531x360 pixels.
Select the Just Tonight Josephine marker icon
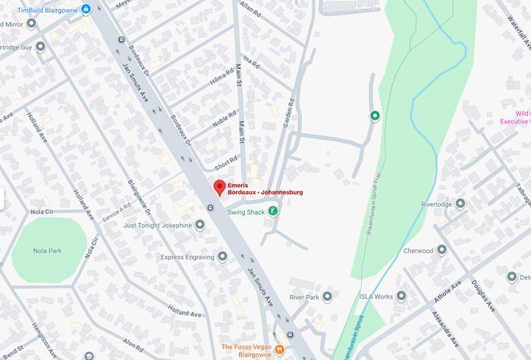(x=200, y=225)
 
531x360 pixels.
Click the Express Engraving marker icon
(x=222, y=256)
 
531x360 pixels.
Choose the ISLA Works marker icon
(x=401, y=296)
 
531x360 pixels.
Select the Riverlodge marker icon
(x=460, y=204)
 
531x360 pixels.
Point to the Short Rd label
(x=226, y=163)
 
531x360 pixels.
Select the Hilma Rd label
(x=222, y=77)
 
